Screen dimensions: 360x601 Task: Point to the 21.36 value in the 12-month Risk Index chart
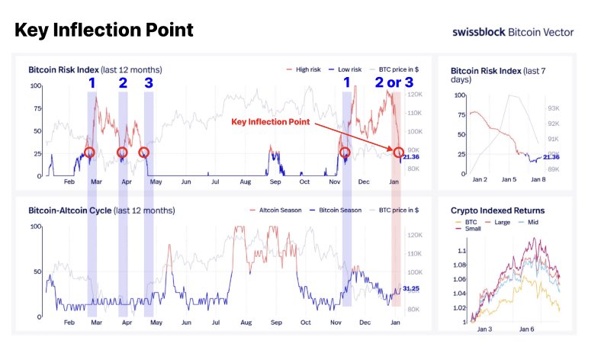412,157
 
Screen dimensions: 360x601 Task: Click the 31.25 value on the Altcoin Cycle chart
412,289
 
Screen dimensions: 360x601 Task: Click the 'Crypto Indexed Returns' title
497,210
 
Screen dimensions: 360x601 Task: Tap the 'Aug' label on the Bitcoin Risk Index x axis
245,183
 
